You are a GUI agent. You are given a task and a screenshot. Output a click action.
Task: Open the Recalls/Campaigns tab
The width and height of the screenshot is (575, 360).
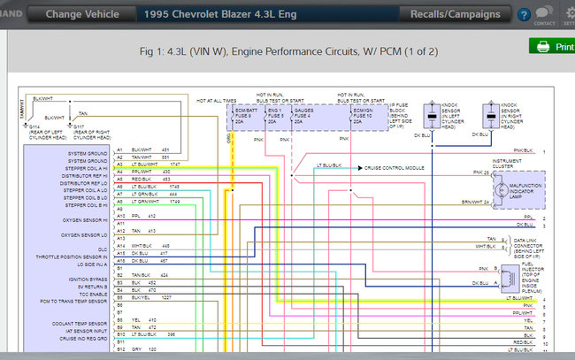coord(455,14)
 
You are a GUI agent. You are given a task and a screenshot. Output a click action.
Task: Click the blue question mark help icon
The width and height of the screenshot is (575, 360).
coord(523,15)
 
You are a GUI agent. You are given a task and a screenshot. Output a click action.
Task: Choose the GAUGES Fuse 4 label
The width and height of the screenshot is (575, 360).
coord(303,112)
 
